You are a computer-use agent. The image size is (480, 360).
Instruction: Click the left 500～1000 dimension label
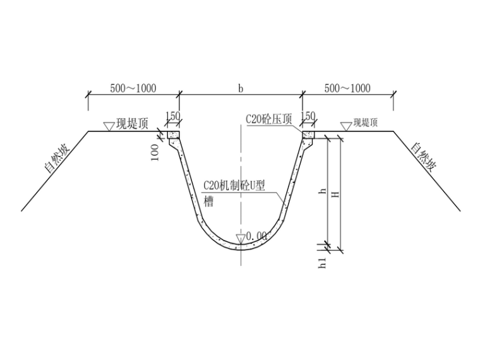click(133, 88)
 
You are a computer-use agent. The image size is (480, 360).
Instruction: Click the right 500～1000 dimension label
click(347, 88)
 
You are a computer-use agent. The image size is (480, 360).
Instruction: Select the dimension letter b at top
click(241, 88)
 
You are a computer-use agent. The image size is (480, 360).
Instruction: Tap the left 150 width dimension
click(172, 116)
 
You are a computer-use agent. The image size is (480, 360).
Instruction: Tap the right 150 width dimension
click(308, 116)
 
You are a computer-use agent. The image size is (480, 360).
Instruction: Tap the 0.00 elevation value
click(256, 236)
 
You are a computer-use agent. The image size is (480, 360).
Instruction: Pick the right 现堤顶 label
click(365, 123)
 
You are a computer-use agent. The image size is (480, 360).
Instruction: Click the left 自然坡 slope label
click(56, 159)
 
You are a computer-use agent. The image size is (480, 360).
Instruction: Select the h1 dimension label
click(323, 263)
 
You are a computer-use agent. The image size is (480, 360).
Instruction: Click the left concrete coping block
click(173, 135)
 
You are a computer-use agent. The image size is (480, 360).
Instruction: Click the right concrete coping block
click(309, 135)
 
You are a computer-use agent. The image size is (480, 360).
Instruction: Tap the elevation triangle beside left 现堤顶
click(109, 126)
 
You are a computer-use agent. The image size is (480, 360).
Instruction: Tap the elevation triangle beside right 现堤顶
click(345, 126)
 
